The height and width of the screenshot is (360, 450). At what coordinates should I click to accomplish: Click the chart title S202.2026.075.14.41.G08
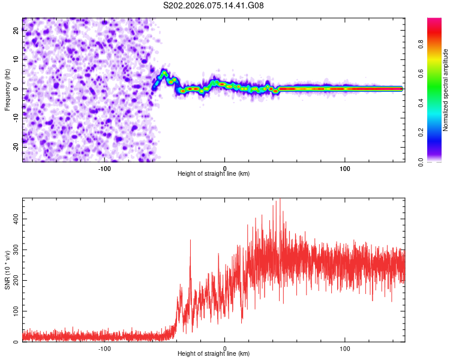tap(214, 5)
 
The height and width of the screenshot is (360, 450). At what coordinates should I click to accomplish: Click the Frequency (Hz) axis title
tap(7, 89)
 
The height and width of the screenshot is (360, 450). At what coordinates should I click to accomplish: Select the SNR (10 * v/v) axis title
tap(7, 269)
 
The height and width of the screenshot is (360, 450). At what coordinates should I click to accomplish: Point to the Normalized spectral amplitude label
tap(446, 90)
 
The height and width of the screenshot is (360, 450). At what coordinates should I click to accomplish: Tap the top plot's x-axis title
tap(214, 174)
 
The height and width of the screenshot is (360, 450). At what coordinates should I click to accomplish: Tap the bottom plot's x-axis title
tap(214, 354)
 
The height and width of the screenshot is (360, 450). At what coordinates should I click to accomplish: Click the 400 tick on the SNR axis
tap(16, 219)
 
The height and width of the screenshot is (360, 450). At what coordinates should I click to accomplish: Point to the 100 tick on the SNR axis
tap(16, 311)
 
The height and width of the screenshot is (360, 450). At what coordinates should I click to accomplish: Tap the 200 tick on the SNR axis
tap(16, 280)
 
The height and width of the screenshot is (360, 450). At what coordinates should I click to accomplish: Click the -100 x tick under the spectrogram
tap(104, 167)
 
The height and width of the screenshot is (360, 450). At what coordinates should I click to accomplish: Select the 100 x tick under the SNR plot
tap(345, 348)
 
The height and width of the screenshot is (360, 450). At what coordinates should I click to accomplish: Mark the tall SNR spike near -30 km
tap(190, 241)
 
